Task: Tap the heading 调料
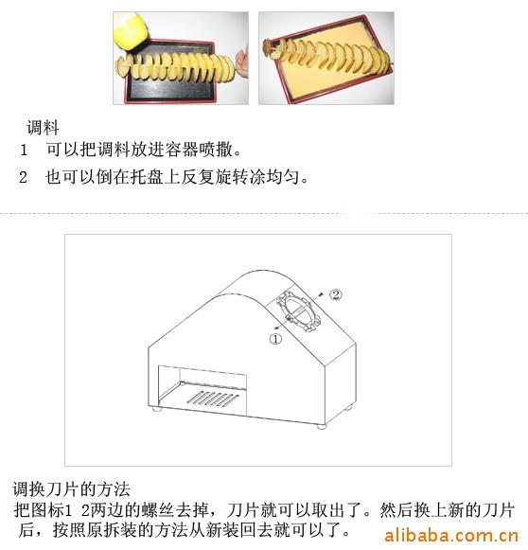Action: click(43, 127)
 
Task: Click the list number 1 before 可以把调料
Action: click(24, 151)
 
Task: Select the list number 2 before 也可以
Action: click(23, 177)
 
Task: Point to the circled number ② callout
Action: click(336, 294)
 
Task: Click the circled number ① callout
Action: click(275, 339)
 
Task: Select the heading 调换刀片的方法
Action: click(71, 489)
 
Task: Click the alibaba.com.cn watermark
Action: click(451, 536)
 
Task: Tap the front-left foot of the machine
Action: click(156, 408)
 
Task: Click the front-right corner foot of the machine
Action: click(321, 427)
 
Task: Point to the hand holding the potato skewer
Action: click(242, 62)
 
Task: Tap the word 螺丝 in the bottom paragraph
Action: click(158, 510)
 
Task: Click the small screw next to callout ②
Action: click(320, 293)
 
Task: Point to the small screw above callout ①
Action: click(277, 328)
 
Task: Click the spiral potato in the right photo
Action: click(326, 56)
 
